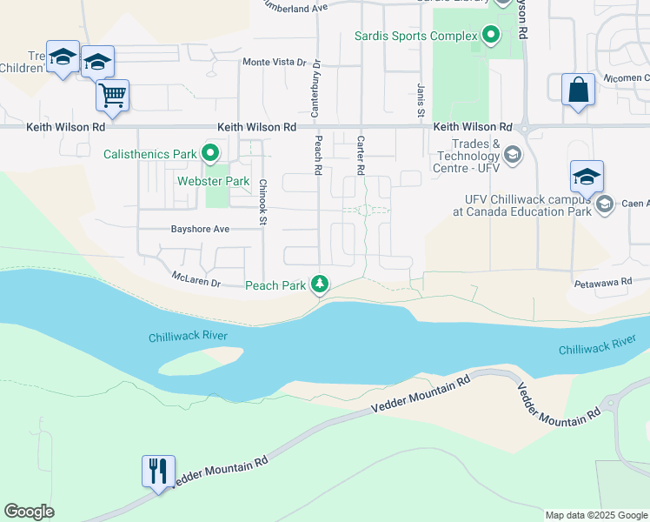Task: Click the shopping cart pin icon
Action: pyautogui.click(x=113, y=96)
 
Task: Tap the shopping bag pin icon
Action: pyautogui.click(x=578, y=90)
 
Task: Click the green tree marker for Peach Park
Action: pyautogui.click(x=321, y=284)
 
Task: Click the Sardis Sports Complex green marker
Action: pyautogui.click(x=491, y=36)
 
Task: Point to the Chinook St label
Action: pyautogui.click(x=262, y=203)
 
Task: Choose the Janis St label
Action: pyautogui.click(x=420, y=100)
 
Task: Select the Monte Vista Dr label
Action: pyautogui.click(x=275, y=63)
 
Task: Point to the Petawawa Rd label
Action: pyautogui.click(x=599, y=284)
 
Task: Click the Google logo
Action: pyautogui.click(x=29, y=512)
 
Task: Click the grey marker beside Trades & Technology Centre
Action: pyautogui.click(x=512, y=155)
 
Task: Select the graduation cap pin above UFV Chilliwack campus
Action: pyautogui.click(x=587, y=177)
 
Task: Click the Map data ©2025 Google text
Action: pyautogui.click(x=595, y=515)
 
